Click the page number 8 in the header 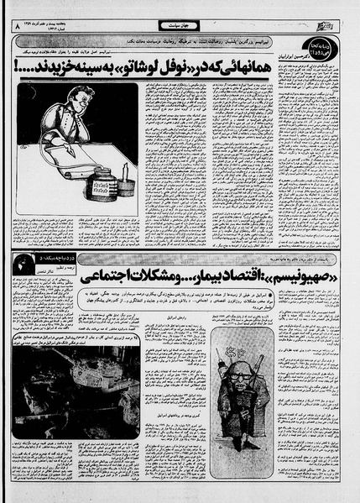pyautogui.click(x=16, y=29)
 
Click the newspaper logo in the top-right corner pyautogui.click(x=336, y=27)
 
